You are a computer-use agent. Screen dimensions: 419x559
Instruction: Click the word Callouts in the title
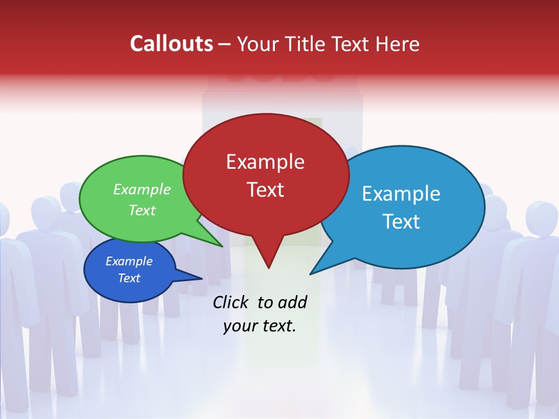[x=171, y=44]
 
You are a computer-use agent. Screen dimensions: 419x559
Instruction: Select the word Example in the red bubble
[x=265, y=162]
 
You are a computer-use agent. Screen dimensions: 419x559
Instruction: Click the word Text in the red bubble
[x=265, y=190]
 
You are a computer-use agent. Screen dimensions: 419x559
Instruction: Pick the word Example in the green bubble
[x=142, y=189]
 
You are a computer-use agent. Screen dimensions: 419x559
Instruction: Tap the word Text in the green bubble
[x=142, y=210]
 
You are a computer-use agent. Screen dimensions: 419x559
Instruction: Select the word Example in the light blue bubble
[x=401, y=193]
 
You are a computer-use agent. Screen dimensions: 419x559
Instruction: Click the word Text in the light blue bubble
[x=401, y=222]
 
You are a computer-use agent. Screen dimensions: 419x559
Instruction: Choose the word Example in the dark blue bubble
[x=129, y=261]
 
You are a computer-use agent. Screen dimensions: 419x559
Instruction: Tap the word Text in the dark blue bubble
[x=129, y=278]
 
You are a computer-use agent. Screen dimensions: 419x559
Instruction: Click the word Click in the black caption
[x=231, y=302]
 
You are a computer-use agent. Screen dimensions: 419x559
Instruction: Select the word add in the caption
[x=292, y=302]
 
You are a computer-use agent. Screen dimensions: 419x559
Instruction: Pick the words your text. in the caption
[x=260, y=326]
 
